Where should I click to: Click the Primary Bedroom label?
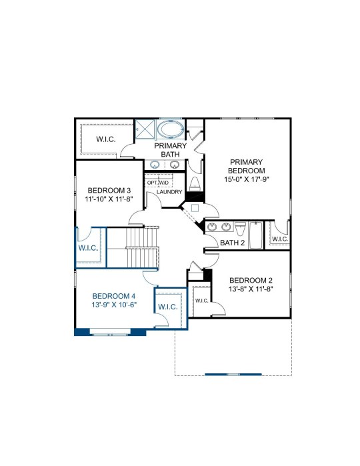coord(247,167)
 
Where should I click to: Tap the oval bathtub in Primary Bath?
coord(171,129)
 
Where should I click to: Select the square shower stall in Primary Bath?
coord(145,129)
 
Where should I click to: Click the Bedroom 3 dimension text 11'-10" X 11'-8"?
coord(109,199)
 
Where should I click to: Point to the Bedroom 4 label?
coord(114,296)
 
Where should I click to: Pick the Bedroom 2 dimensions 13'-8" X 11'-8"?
coord(251,289)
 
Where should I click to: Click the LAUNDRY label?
coord(169,192)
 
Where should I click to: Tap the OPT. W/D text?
coord(158,183)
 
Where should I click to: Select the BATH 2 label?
coord(233,243)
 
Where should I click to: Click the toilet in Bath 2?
coord(240,228)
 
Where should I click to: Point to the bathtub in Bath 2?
coord(255,235)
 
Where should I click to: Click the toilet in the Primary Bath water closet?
coord(195,184)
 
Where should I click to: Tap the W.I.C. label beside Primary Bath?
coord(106,139)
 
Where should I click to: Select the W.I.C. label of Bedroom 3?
coord(88,248)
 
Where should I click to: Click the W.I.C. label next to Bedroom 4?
coord(168,307)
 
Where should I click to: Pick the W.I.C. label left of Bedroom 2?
coord(201,301)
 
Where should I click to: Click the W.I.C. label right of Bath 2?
coord(280,239)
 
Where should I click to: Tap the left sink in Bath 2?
coord(212,227)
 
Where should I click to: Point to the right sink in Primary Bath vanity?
coord(175,164)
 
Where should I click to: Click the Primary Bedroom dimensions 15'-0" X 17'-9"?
coord(247,179)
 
